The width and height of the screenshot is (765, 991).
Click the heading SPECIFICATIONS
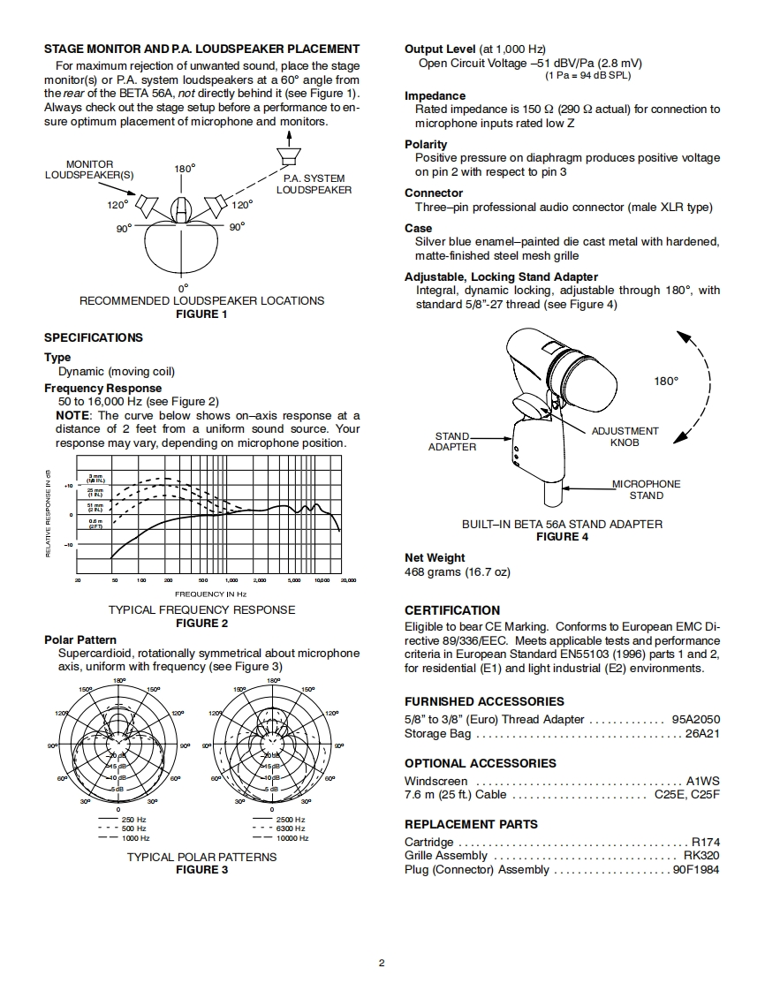(94, 337)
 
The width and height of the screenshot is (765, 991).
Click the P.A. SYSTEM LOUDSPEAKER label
(314, 185)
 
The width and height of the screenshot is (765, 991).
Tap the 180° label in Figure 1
(185, 168)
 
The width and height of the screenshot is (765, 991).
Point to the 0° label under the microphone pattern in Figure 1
(183, 288)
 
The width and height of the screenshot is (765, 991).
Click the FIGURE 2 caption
(201, 623)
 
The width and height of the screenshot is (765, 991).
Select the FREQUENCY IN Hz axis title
(210, 594)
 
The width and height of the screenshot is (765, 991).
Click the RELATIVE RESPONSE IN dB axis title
(48, 512)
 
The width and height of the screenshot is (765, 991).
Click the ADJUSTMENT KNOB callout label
(625, 436)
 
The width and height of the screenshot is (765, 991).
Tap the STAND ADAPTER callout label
(452, 442)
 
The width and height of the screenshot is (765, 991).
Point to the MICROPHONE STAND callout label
(647, 489)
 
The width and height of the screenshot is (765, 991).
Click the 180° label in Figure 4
(666, 381)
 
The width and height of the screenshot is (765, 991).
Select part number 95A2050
(695, 719)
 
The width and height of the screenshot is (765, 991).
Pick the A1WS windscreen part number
(703, 781)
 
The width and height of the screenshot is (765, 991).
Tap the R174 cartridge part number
(705, 842)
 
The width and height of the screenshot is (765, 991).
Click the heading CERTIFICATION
(452, 610)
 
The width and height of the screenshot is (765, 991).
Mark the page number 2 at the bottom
(382, 963)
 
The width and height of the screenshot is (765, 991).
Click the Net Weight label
(435, 557)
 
